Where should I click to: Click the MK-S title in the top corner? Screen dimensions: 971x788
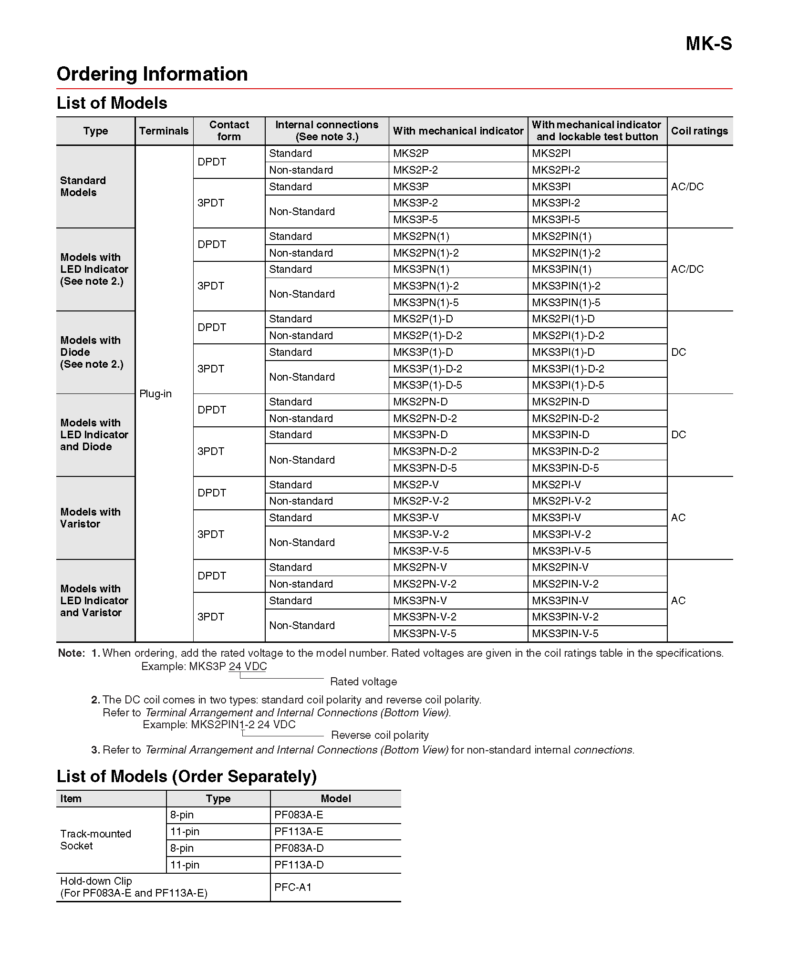point(708,44)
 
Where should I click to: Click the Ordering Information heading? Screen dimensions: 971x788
point(152,74)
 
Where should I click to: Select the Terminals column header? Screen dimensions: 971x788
point(164,131)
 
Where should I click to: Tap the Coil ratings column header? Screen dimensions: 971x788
point(699,131)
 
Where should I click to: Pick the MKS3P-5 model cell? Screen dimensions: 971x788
point(415,220)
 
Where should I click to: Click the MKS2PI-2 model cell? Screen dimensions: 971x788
point(556,170)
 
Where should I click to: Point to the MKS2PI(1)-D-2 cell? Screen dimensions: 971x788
point(568,336)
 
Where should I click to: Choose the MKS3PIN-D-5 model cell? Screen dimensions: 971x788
point(565,468)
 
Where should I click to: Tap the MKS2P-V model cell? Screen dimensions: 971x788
point(415,485)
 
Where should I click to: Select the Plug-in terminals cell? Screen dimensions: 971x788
point(156,394)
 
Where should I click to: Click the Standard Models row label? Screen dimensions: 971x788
point(83,186)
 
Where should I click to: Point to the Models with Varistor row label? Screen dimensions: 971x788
point(90,518)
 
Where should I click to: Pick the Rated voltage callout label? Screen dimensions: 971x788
point(363,682)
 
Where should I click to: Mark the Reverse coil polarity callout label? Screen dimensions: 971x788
point(380,735)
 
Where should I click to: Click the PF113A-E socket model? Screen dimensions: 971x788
point(299,832)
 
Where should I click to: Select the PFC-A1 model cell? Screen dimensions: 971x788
point(293,888)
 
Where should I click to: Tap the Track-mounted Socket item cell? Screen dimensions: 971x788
point(95,840)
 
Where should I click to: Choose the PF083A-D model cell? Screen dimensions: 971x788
point(299,848)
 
